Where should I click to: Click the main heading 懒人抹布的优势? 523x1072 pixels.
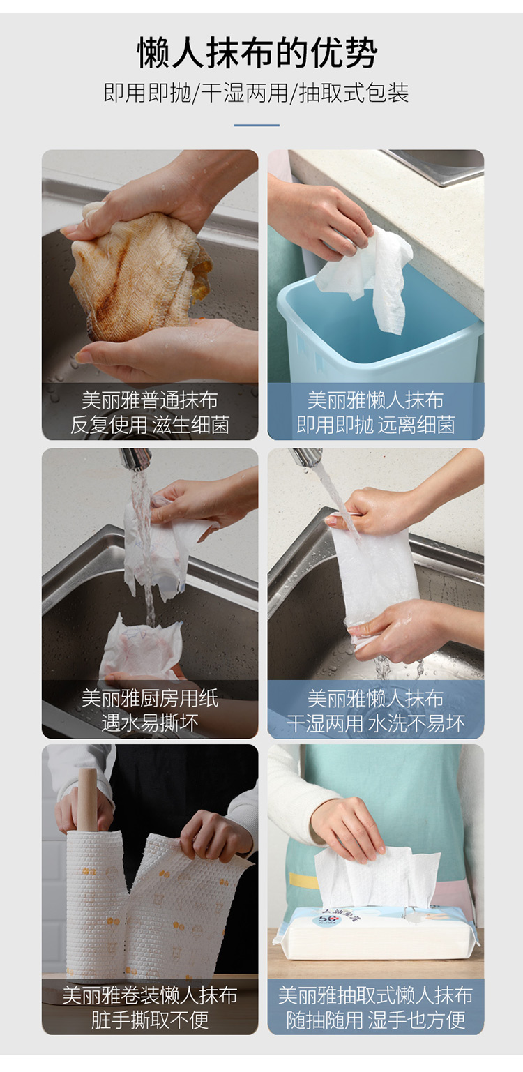coord(257,52)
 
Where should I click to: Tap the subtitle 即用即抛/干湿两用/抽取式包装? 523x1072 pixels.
coord(257,93)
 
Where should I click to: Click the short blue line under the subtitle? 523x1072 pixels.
coord(257,126)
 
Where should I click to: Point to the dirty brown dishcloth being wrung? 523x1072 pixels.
coord(139,273)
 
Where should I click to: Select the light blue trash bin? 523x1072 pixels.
coord(378,335)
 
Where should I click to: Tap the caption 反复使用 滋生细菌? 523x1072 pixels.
coord(150,425)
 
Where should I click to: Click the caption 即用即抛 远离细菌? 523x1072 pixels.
coord(376,425)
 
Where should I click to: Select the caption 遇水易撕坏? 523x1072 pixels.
coord(150,723)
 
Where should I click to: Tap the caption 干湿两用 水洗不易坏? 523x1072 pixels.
coord(376,723)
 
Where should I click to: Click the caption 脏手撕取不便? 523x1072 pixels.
coord(150,1020)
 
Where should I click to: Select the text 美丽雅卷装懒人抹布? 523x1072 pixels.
coord(150,995)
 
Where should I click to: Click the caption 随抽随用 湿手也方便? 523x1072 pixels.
coord(376,1020)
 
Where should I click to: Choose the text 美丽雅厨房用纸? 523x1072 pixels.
coord(150,698)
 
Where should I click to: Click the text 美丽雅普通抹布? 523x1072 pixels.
coord(150,400)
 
